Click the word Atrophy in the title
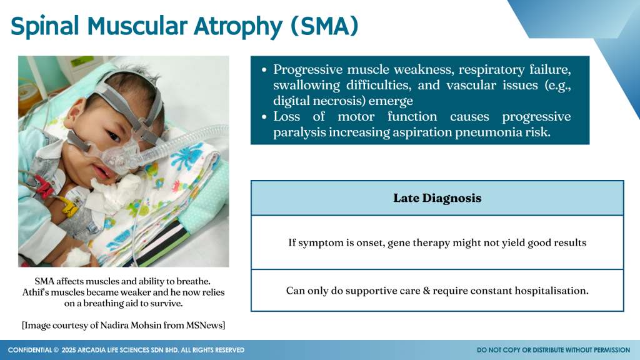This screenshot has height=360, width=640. coord(237,26)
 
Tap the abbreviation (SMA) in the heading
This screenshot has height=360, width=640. coord(324,26)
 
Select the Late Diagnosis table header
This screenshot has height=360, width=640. coord(437,198)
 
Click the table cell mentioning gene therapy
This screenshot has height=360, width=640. coord(437,242)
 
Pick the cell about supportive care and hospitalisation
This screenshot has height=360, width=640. coord(437,291)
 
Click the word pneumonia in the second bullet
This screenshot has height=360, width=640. coord(482,132)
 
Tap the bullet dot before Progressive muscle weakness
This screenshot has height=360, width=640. coord(264,70)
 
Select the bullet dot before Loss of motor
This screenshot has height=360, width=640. coord(264,117)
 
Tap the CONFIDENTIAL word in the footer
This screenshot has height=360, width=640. coord(30,350)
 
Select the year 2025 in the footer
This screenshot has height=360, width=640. coord(69,350)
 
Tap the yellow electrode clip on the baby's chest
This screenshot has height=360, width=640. coord(70,206)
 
